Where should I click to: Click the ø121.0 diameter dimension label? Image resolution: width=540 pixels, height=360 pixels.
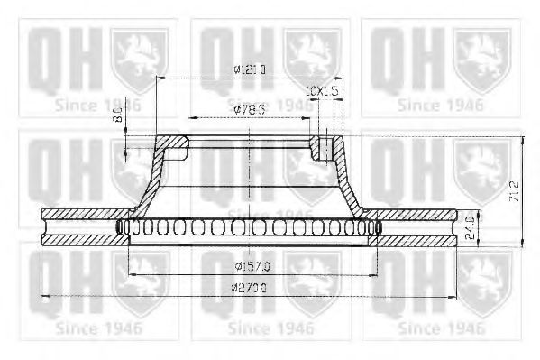click(247, 69)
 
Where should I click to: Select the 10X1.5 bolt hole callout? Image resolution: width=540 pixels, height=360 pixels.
click(323, 91)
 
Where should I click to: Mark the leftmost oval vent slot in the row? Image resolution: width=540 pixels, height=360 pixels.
click(123, 227)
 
